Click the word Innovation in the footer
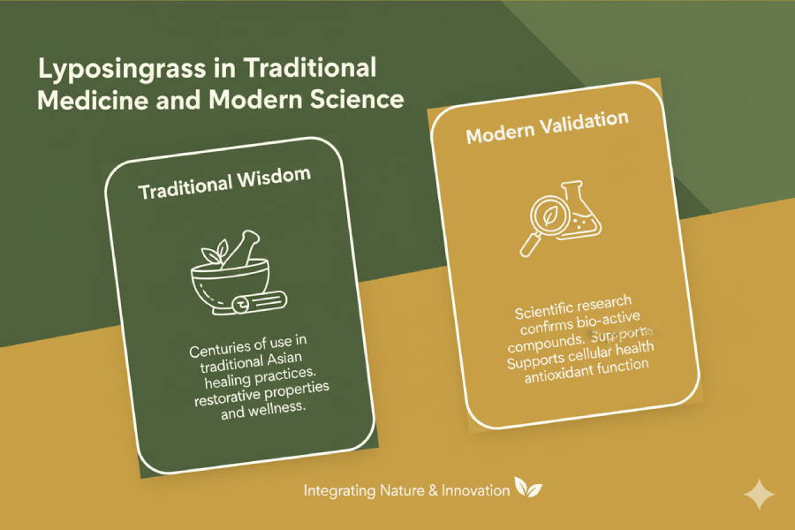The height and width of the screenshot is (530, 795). click(x=472, y=489)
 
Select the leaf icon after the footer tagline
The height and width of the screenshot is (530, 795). click(x=528, y=488)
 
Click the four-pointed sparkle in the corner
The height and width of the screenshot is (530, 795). click(x=758, y=495)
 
